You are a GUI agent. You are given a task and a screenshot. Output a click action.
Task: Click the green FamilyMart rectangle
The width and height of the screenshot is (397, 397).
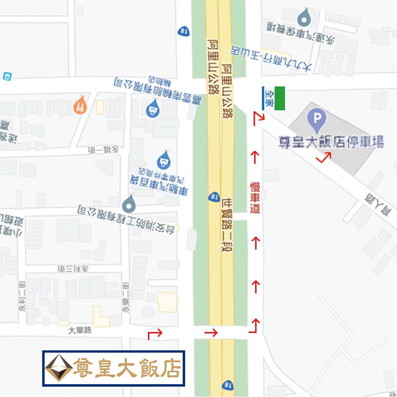(x=280, y=98)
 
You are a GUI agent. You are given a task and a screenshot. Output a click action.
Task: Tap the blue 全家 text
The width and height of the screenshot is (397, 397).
(x=268, y=98)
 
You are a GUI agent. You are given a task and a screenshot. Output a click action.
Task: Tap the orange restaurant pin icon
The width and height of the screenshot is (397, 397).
(x=80, y=105)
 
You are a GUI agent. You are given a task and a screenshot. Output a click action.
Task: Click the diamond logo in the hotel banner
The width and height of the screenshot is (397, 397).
(x=59, y=368)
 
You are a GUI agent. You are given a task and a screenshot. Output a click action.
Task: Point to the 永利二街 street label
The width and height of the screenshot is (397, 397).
(x=22, y=298)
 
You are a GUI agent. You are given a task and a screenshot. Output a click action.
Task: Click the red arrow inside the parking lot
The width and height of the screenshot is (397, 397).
(x=324, y=158)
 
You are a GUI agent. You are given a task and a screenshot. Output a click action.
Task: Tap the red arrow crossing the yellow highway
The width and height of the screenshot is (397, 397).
(x=211, y=332)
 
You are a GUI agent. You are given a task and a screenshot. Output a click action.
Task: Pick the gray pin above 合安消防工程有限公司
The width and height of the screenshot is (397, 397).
(x=129, y=202)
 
